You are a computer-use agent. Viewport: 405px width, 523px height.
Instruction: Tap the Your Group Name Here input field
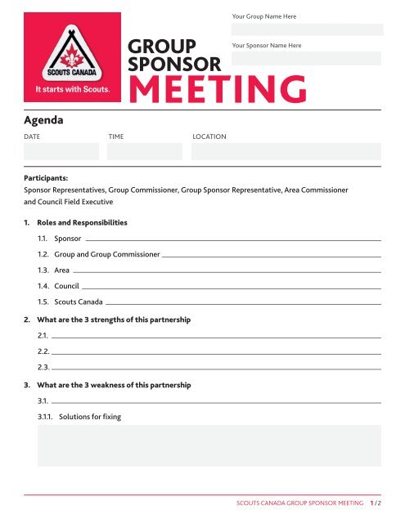coord(306,29)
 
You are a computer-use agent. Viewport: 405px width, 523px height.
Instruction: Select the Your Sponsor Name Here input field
coord(306,59)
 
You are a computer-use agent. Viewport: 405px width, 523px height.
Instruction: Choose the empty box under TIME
coord(144,151)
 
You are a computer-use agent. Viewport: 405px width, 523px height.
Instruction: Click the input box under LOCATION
coord(286,151)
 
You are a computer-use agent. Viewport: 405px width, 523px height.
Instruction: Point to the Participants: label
coord(46,176)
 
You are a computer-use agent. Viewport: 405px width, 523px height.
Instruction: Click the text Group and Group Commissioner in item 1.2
coord(106,255)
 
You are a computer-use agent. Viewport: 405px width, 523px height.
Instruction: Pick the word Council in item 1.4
coord(66,286)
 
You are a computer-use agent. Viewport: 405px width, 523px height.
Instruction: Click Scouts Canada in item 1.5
coord(79,302)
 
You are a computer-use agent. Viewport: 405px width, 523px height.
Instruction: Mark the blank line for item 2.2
coord(217,352)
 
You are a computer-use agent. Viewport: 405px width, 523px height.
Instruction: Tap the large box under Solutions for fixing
coord(209,453)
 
